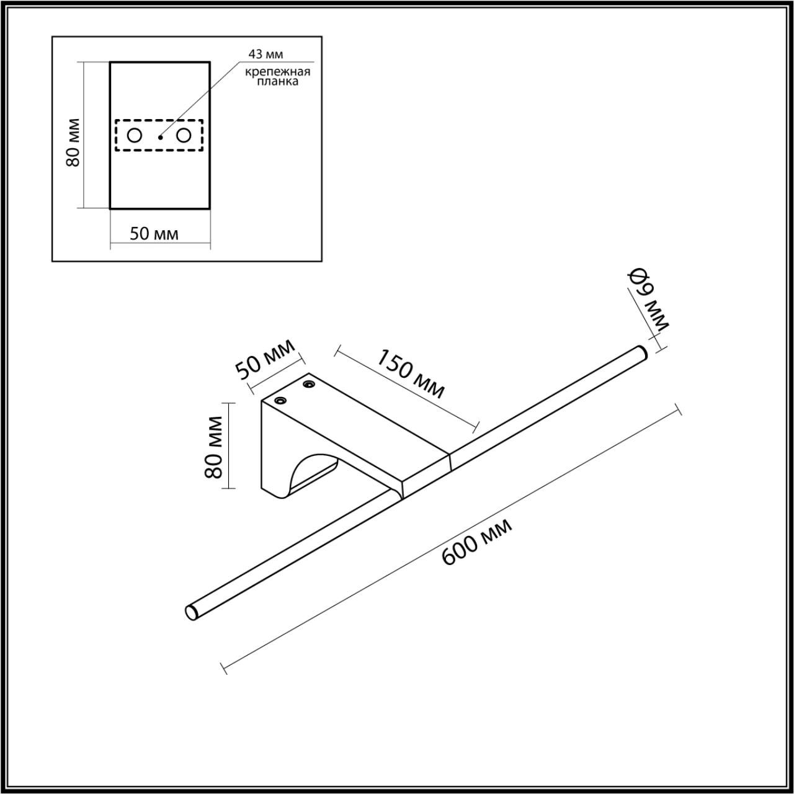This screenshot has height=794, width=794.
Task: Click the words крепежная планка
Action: coord(277,77)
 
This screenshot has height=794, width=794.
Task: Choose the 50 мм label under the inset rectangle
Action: coord(154,234)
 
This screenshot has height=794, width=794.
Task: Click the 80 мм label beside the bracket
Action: coord(213,447)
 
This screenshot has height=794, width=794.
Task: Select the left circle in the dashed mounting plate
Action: coord(135,135)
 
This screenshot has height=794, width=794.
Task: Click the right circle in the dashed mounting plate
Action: coord(184,135)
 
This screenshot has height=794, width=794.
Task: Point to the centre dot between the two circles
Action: coord(159,136)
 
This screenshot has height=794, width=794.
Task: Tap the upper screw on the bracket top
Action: coord(308,385)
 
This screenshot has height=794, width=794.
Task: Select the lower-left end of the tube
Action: coord(191,611)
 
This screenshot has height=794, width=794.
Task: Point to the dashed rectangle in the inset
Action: coord(159,120)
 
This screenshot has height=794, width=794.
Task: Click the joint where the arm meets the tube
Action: coord(449,460)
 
